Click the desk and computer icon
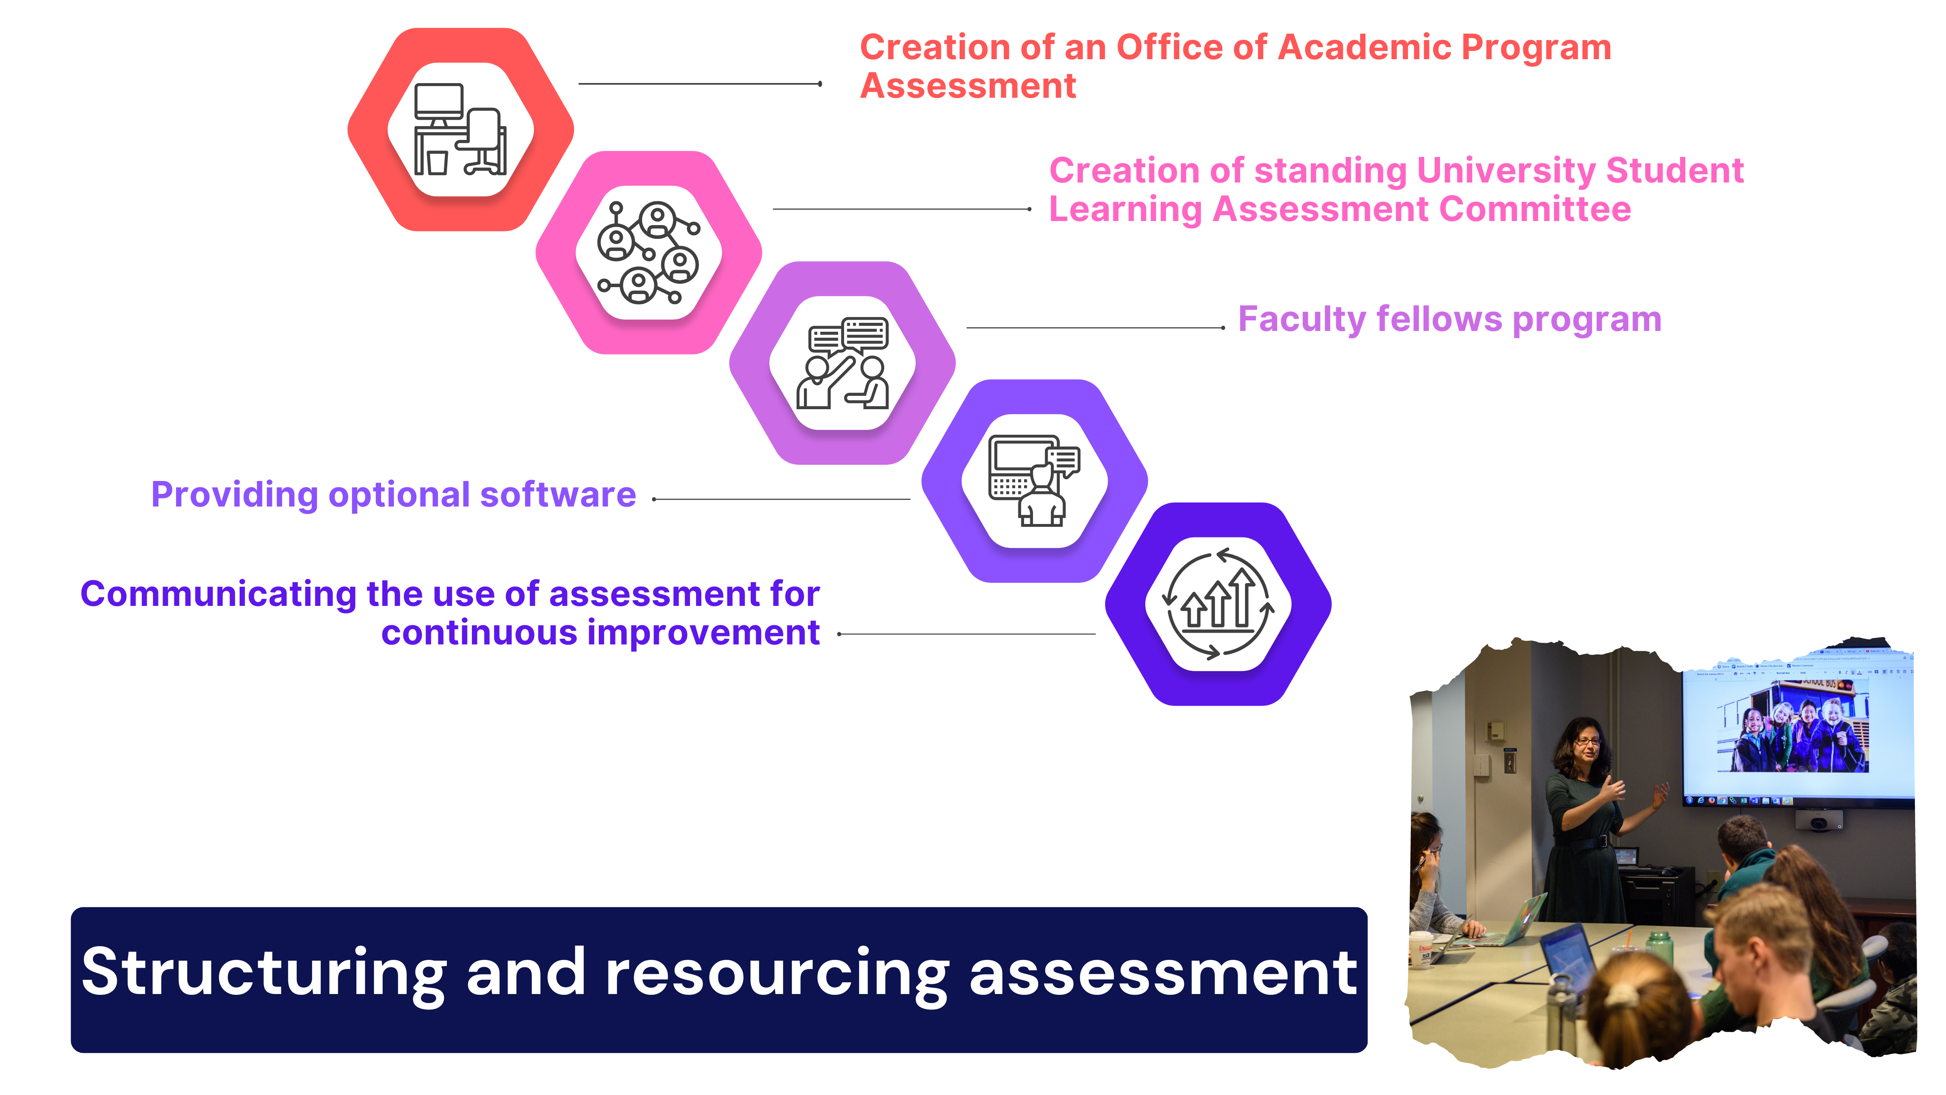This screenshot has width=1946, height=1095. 460,129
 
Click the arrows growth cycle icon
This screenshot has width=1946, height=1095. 1218,604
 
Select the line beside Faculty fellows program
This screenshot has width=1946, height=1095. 1095,328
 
